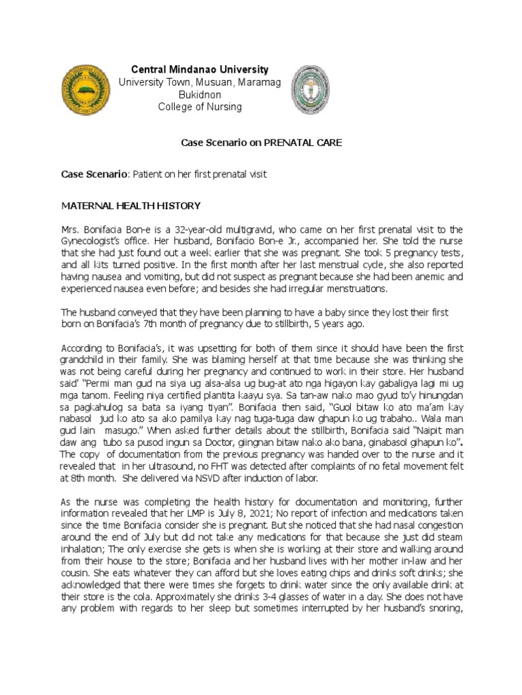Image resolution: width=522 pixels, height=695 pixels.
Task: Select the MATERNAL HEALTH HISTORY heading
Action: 131,206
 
